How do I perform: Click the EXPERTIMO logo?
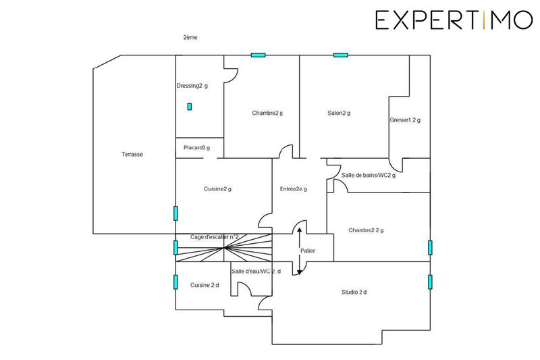click(x=454, y=20)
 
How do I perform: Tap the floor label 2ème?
click(x=190, y=38)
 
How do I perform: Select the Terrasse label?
click(x=132, y=154)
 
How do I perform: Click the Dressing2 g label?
click(x=192, y=86)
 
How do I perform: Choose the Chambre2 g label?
click(x=267, y=113)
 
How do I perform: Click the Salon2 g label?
click(x=339, y=113)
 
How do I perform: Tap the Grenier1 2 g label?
click(x=405, y=120)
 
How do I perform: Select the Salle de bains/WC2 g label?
click(x=369, y=176)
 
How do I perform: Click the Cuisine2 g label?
click(x=217, y=189)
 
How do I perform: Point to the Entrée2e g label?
click(x=294, y=189)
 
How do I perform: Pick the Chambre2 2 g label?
click(x=366, y=230)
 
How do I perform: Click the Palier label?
click(x=307, y=251)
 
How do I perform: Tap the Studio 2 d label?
click(x=354, y=292)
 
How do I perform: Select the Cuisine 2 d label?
click(x=204, y=285)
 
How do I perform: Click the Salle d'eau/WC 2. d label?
click(x=256, y=272)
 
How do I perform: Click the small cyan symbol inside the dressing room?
click(x=190, y=106)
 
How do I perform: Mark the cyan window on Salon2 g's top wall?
click(x=340, y=55)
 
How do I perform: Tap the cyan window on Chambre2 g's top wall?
click(x=258, y=55)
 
